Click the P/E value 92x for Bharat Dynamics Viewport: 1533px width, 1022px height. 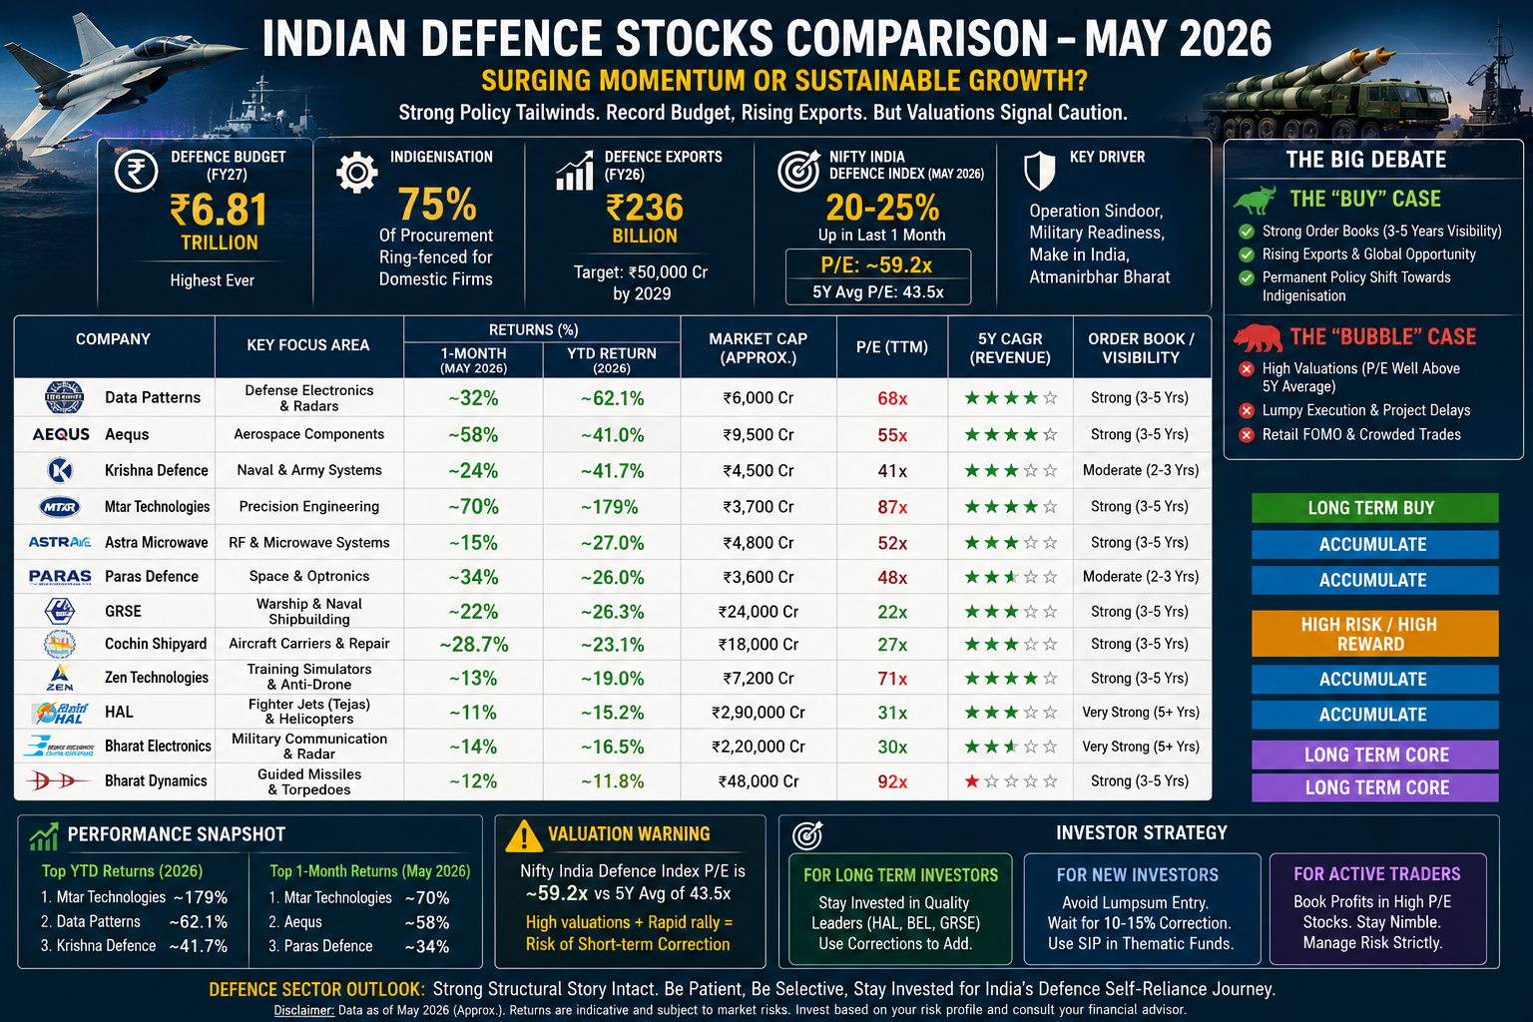[892, 781]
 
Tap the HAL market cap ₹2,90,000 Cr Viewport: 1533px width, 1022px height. [759, 713]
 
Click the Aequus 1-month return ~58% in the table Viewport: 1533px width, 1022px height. [473, 435]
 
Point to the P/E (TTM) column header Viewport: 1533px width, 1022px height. [891, 347]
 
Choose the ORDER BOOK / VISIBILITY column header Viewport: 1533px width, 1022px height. [1141, 347]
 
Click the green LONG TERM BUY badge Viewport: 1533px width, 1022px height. [1374, 508]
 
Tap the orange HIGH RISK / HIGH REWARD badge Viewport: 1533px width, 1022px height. [1374, 634]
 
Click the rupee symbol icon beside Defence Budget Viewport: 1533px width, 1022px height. [136, 171]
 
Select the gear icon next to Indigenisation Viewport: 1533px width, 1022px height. [356, 173]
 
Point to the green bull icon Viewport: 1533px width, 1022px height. [1255, 200]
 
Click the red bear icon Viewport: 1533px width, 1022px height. [1258, 337]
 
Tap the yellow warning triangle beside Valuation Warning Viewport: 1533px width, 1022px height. [524, 835]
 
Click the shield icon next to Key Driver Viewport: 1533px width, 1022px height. [1040, 171]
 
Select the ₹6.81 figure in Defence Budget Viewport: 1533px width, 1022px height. [219, 210]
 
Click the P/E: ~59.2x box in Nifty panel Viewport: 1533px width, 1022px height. [877, 264]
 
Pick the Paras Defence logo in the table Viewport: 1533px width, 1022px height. [60, 577]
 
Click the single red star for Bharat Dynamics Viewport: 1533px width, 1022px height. [972, 781]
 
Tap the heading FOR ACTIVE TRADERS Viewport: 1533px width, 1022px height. [1377, 874]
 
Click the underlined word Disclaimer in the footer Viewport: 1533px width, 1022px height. [303, 1010]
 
